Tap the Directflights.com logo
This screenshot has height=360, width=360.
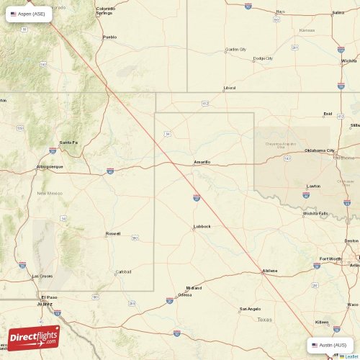tap(34, 338)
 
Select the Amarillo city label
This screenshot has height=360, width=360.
tap(202, 162)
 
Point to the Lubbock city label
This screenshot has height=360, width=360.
tap(202, 226)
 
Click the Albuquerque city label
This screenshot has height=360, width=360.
tap(50, 166)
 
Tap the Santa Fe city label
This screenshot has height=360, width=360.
tap(68, 142)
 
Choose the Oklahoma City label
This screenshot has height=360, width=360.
tap(320, 150)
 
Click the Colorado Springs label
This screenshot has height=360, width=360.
tap(105, 11)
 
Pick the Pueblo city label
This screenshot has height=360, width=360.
tap(109, 37)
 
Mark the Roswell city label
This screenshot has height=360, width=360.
tap(113, 233)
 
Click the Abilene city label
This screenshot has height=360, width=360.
tap(270, 271)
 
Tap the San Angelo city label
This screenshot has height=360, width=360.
tap(250, 310)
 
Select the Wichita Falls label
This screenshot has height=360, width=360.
tap(315, 213)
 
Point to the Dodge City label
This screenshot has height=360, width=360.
tap(263, 58)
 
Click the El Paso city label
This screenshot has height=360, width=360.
tap(49, 297)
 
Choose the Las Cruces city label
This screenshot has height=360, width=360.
tap(42, 276)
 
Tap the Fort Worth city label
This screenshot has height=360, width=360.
tap(332, 258)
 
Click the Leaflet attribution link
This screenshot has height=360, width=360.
tap(350, 356)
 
